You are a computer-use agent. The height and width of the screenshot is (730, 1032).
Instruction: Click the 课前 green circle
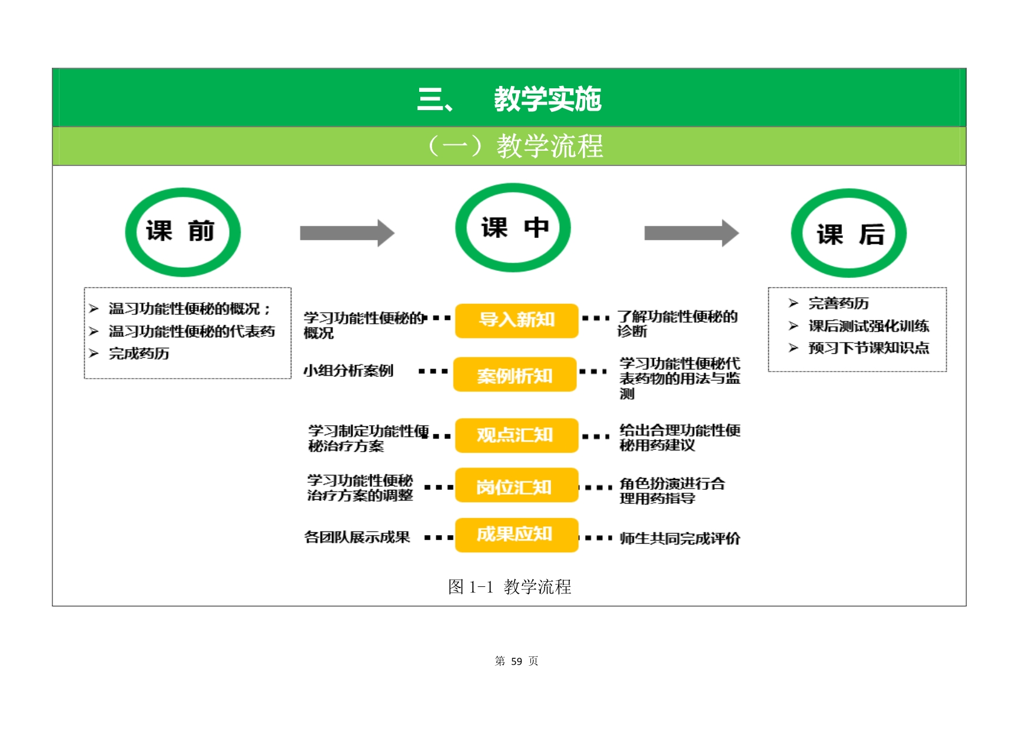click(x=182, y=232)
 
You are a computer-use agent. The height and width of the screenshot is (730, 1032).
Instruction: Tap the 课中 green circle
click(x=513, y=228)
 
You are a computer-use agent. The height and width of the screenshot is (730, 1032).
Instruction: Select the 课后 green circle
click(x=848, y=234)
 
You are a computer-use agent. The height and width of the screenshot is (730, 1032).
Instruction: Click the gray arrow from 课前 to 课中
click(x=347, y=233)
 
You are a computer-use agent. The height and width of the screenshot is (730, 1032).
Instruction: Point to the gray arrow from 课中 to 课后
click(x=691, y=233)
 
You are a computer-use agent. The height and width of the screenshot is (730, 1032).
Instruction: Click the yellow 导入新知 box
click(x=516, y=320)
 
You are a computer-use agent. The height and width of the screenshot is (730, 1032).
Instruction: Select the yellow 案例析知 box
click(x=515, y=375)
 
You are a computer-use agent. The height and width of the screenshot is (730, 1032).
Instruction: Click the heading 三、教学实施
click(x=509, y=99)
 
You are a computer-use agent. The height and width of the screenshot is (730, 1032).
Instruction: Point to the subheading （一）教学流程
click(x=515, y=146)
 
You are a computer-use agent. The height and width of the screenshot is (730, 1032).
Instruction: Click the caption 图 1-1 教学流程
click(x=509, y=586)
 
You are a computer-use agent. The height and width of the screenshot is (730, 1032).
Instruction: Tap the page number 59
click(x=516, y=661)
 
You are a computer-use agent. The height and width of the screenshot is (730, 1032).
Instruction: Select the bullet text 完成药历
click(x=139, y=353)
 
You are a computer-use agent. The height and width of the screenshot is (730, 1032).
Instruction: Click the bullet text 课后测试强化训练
click(x=868, y=326)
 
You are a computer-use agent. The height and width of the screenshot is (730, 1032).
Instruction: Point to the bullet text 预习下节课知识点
click(x=868, y=348)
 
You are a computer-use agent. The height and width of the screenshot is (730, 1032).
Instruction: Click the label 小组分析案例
click(x=348, y=370)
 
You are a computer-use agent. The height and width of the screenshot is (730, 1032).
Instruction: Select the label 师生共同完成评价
click(x=679, y=538)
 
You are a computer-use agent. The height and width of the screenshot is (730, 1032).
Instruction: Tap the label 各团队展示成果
click(x=357, y=537)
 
